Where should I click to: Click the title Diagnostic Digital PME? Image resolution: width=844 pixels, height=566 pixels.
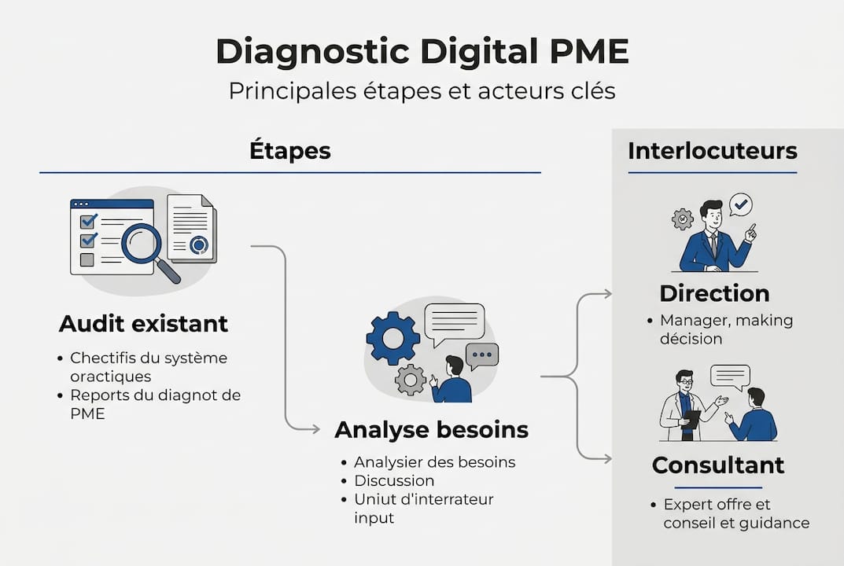click(x=422, y=52)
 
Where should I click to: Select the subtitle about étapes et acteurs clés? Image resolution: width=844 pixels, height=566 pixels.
click(x=422, y=91)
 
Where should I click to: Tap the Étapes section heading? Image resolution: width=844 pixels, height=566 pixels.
click(x=289, y=150)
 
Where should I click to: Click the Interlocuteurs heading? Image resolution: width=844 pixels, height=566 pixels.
click(x=712, y=150)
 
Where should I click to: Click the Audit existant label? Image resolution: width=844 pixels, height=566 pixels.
click(x=143, y=323)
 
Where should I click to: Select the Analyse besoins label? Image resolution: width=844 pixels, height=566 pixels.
click(x=431, y=430)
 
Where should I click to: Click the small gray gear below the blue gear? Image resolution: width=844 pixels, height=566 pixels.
click(x=410, y=379)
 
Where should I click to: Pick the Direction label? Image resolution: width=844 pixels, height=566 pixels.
click(x=714, y=293)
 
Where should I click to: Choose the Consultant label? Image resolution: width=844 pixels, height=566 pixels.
click(x=717, y=465)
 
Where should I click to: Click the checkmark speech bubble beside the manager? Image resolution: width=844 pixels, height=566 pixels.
click(x=740, y=205)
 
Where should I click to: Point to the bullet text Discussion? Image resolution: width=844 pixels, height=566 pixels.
click(x=394, y=480)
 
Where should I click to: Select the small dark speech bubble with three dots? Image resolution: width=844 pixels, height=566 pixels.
click(x=482, y=355)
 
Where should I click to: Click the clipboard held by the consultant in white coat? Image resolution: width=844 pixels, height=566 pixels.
click(x=691, y=418)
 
